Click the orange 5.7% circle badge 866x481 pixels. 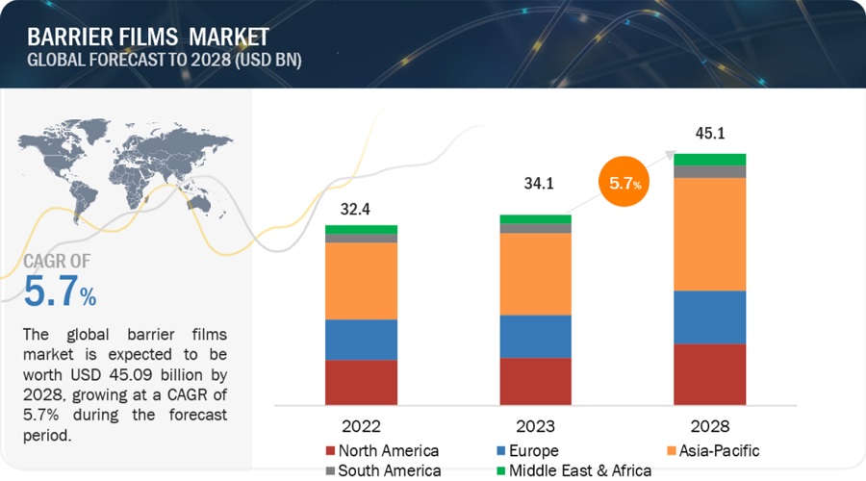tap(624, 181)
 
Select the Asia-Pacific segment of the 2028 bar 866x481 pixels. tap(709, 234)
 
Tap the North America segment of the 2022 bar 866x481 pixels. tap(361, 382)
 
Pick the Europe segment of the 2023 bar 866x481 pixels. tap(535, 336)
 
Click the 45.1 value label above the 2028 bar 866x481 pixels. tap(709, 134)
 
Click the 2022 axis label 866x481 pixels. tap(361, 426)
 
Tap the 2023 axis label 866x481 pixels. tap(535, 426)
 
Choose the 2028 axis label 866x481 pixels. tap(709, 426)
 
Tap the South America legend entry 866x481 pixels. tap(382, 470)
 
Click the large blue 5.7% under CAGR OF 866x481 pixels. tap(60, 291)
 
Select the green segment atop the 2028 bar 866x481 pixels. tap(709, 159)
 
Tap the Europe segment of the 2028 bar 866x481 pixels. tap(709, 316)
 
